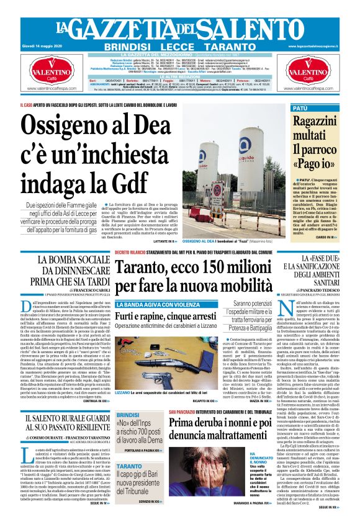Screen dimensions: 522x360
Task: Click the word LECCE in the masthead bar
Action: coord(179,47)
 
